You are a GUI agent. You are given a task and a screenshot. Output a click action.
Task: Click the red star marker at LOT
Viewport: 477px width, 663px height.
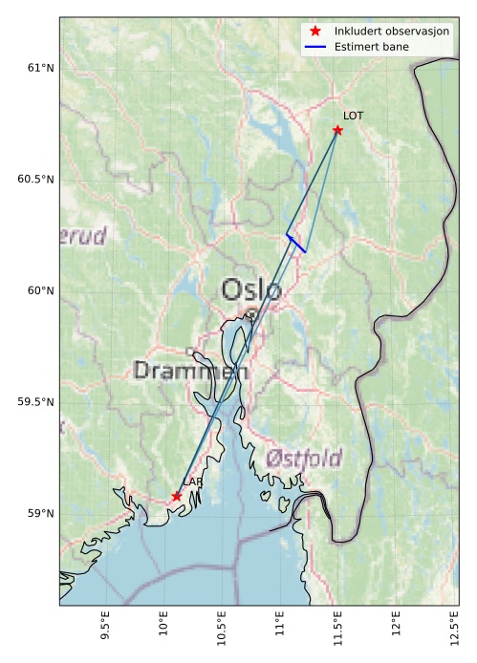coord(337,130)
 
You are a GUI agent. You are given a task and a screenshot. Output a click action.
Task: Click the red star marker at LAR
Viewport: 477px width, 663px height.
coord(177,496)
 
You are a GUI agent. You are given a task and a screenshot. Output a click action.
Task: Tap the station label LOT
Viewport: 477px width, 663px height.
coord(354,116)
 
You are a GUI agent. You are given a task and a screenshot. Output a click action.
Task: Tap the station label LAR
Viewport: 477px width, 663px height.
coord(193,482)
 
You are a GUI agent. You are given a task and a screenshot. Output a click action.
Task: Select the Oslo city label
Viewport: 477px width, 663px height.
coord(251,289)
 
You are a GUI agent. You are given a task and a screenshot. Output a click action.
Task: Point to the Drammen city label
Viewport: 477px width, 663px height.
coord(191,371)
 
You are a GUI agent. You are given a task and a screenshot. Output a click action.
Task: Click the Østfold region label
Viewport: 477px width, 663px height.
coord(305,458)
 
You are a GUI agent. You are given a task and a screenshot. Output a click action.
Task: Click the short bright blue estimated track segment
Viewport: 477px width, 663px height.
coord(295,243)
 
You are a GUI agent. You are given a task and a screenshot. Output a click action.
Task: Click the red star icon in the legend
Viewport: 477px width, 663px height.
coord(315,31)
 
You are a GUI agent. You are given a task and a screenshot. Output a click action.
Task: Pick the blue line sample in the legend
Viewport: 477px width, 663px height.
coord(315,46)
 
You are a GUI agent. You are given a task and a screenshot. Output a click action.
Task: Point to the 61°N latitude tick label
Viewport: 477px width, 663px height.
coord(40,68)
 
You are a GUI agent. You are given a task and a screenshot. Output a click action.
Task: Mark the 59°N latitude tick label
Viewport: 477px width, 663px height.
coord(40,514)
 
